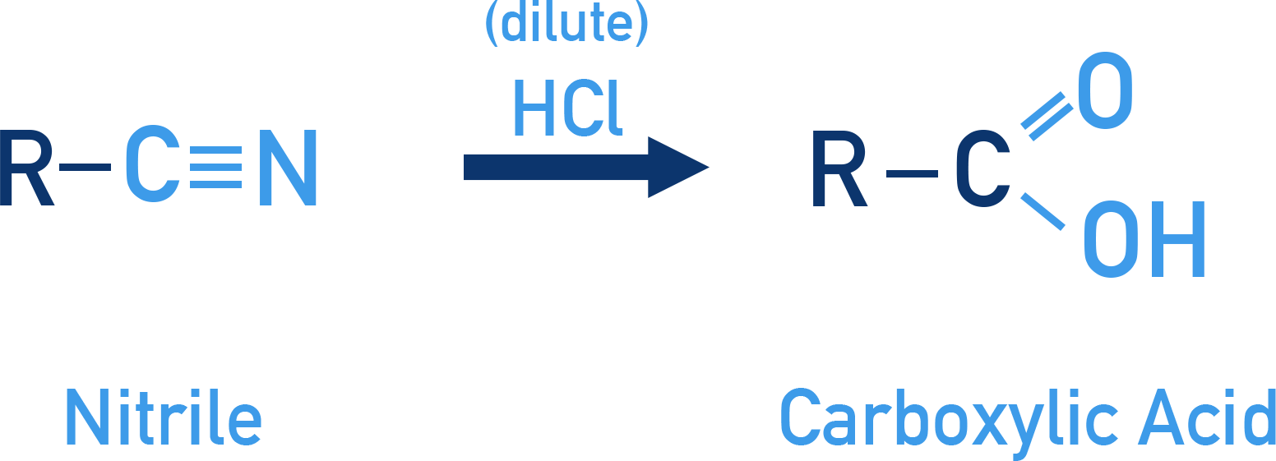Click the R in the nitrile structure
pos(27,168)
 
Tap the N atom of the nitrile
pos(288,168)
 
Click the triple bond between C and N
pos(216,168)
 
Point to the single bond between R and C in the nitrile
pos(85,168)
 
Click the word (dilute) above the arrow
pos(566,24)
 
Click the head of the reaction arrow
pos(678,168)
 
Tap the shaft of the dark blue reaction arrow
pos(556,168)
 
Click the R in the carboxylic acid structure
pos(839,168)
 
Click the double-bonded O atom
pos(1105,90)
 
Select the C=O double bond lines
pos(1047,116)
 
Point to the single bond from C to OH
pos(1043,212)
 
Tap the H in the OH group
pos(1178,239)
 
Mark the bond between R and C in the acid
pos(912,173)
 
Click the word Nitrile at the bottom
pos(164,417)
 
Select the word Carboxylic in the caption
pos(949,424)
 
